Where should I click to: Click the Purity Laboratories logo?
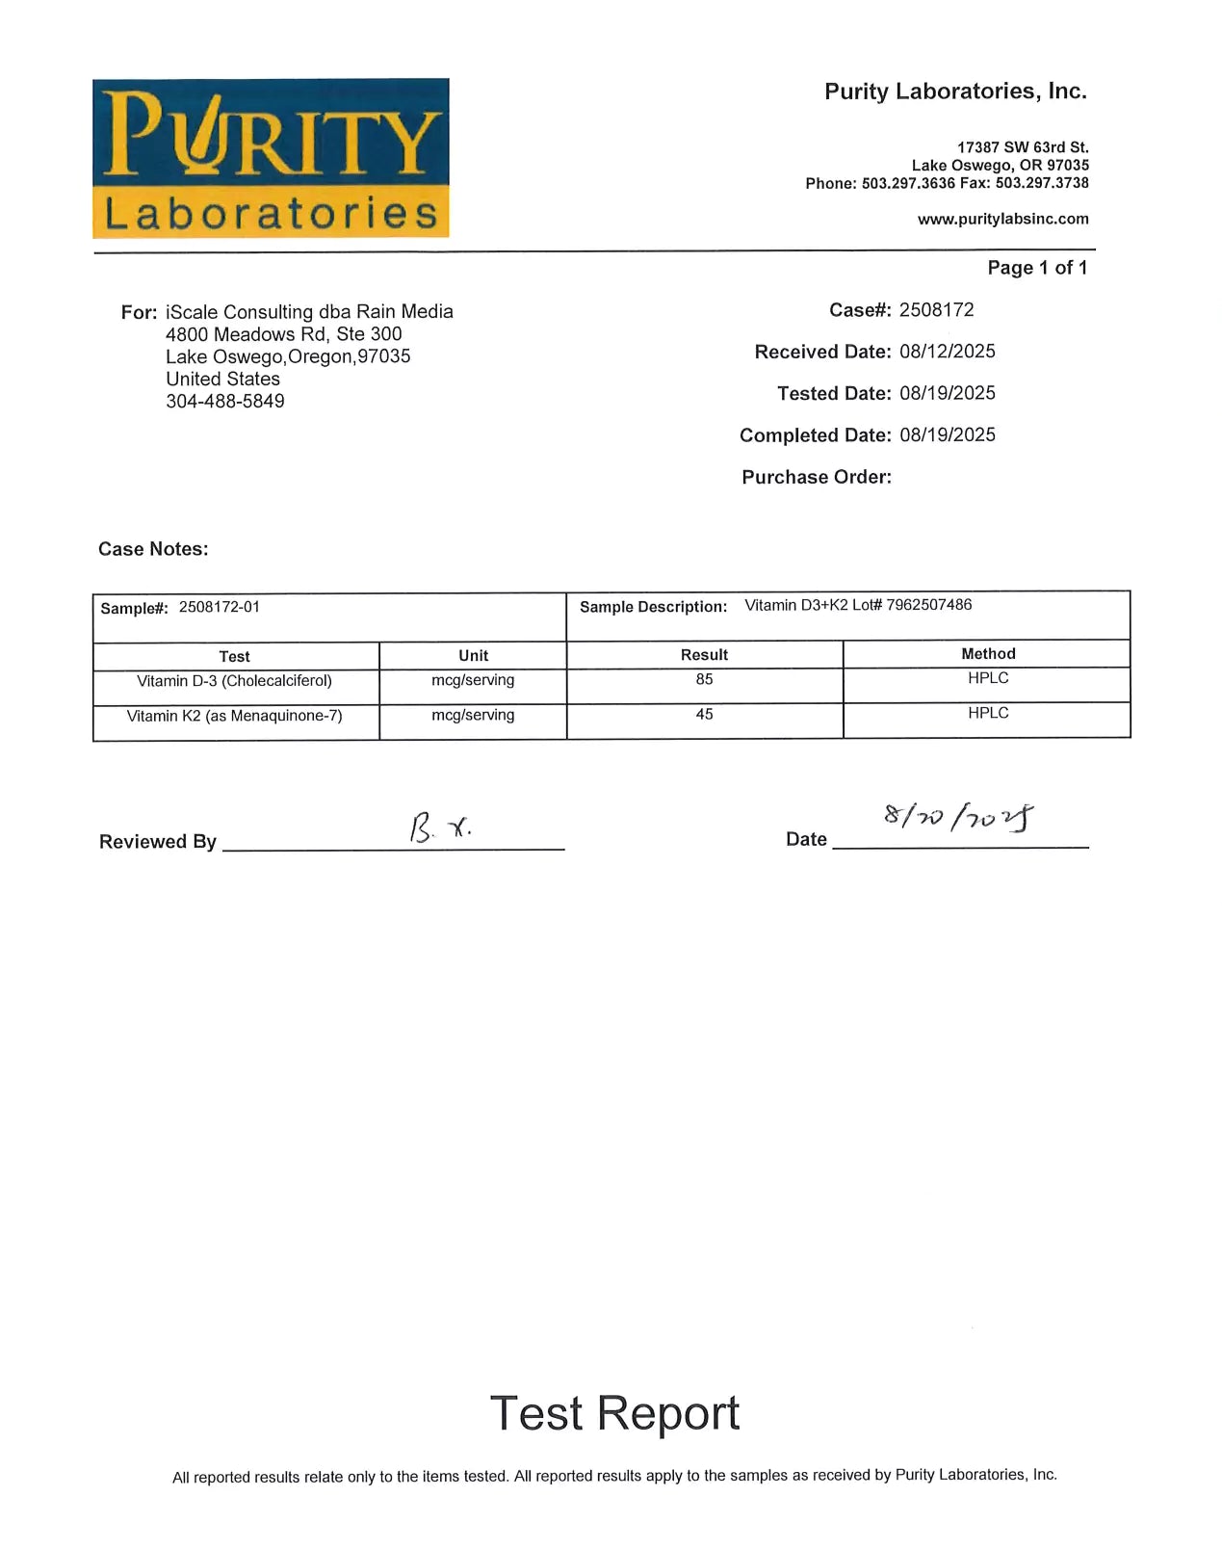click(x=271, y=158)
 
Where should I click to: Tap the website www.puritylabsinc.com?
click(x=1002, y=219)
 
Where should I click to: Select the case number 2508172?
click(x=936, y=310)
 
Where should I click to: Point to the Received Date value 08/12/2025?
click(x=947, y=352)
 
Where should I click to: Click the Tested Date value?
click(x=947, y=393)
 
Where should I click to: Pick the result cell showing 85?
click(x=704, y=680)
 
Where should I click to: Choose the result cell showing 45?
click(x=704, y=715)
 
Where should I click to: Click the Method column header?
click(x=987, y=654)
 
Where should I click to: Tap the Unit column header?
click(x=473, y=656)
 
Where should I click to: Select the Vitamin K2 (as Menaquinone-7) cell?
click(x=234, y=716)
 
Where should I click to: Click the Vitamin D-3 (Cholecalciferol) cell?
click(x=234, y=681)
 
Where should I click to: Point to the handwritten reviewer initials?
click(x=440, y=827)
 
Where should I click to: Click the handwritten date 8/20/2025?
click(x=958, y=817)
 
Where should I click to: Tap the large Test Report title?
click(x=614, y=1413)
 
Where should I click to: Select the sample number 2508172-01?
click(x=219, y=607)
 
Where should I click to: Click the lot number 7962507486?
click(x=928, y=605)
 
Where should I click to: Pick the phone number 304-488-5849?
click(x=224, y=402)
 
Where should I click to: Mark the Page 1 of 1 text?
click(x=1036, y=268)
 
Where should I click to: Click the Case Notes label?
click(x=153, y=549)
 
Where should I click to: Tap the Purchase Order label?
click(x=816, y=477)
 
